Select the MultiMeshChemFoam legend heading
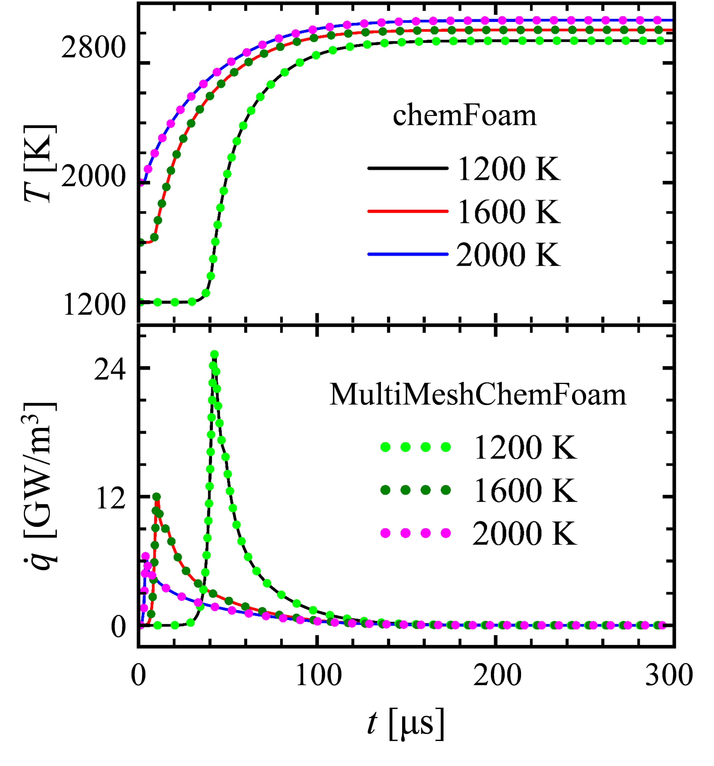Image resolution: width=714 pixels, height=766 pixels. pyautogui.click(x=478, y=395)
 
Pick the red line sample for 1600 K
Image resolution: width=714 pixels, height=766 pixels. pyautogui.click(x=408, y=211)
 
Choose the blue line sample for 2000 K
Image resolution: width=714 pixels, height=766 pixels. pyautogui.click(x=408, y=254)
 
